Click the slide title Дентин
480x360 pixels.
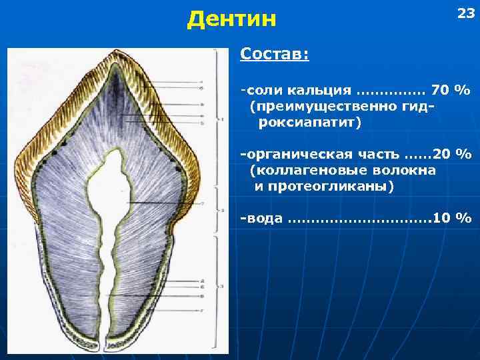click(231, 19)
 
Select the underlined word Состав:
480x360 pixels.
click(274, 53)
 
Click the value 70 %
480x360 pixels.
click(451, 90)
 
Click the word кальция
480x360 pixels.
click(319, 90)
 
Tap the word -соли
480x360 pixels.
click(261, 90)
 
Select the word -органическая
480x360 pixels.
click(293, 154)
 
